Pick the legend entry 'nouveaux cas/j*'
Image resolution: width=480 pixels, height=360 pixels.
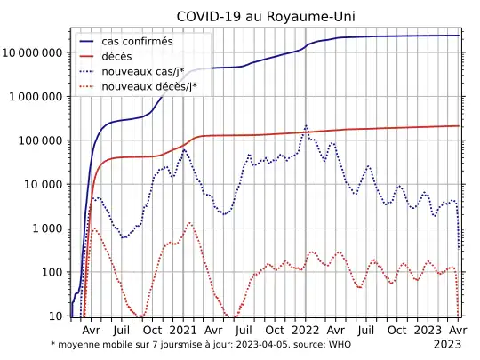coord(144,71)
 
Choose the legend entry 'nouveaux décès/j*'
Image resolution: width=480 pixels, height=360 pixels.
coord(149,86)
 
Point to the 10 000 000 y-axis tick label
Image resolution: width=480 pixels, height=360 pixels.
coord(33,52)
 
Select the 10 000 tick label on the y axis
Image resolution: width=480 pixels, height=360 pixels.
coord(44,185)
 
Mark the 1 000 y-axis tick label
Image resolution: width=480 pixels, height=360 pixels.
coord(47,228)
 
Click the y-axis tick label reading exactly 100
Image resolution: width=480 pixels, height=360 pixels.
coord(51,272)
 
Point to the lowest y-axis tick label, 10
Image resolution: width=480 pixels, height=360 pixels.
coord(54,316)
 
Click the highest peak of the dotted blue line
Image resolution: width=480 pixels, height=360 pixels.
coord(306,126)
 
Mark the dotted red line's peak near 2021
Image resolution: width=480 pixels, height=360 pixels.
coord(189,222)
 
